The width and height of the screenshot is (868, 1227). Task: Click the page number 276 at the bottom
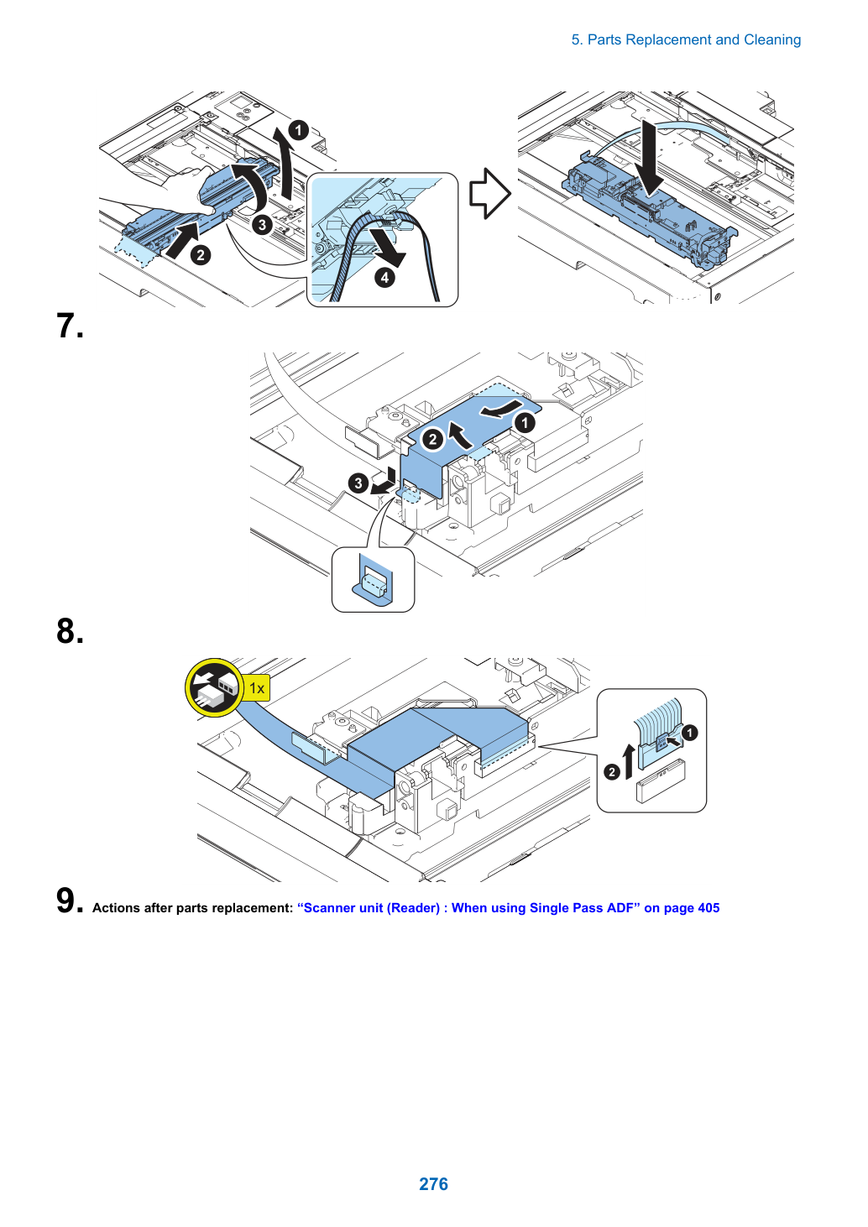click(433, 1183)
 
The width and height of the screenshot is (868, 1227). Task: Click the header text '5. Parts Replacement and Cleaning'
click(686, 40)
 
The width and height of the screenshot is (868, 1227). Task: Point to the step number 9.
click(70, 900)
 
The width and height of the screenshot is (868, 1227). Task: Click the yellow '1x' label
click(257, 688)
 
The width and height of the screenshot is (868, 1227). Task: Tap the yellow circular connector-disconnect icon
click(215, 688)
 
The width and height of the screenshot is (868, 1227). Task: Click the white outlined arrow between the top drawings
click(490, 193)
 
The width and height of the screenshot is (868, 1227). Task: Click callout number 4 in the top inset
click(384, 278)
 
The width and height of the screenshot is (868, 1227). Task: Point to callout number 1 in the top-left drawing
click(299, 130)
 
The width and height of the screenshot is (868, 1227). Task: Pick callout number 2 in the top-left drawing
click(201, 255)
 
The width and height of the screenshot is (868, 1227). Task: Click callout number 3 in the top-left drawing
click(262, 225)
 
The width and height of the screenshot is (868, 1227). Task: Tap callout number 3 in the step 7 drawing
click(358, 483)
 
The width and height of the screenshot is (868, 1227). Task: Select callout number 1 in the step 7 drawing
click(525, 423)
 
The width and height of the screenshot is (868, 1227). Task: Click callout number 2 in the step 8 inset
click(611, 772)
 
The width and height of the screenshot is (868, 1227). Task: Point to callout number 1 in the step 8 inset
click(690, 733)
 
